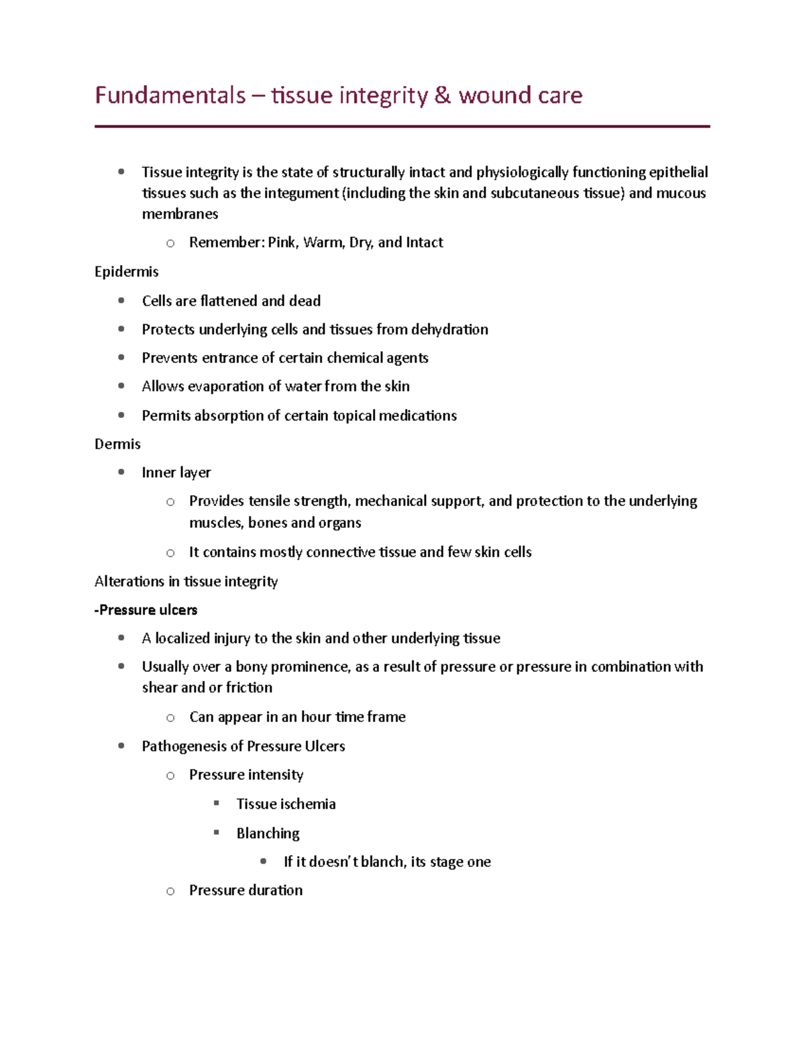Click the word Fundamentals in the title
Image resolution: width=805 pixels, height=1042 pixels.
(170, 95)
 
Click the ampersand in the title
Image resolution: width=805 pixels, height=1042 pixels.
(443, 95)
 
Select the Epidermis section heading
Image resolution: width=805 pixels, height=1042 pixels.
(126, 272)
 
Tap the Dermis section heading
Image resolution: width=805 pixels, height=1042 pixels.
(117, 444)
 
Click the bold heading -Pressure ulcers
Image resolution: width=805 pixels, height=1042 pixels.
(146, 610)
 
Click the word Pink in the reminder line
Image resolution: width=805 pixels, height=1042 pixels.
(282, 242)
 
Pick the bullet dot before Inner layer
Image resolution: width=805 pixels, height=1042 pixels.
(121, 472)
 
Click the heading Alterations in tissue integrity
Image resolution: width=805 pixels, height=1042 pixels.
(186, 581)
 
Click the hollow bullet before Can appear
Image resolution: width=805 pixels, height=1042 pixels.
(170, 718)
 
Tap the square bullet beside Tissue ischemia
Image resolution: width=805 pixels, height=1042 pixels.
(217, 803)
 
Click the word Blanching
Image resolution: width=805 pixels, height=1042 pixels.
(268, 833)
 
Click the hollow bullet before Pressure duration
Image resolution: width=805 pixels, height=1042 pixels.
(170, 891)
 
